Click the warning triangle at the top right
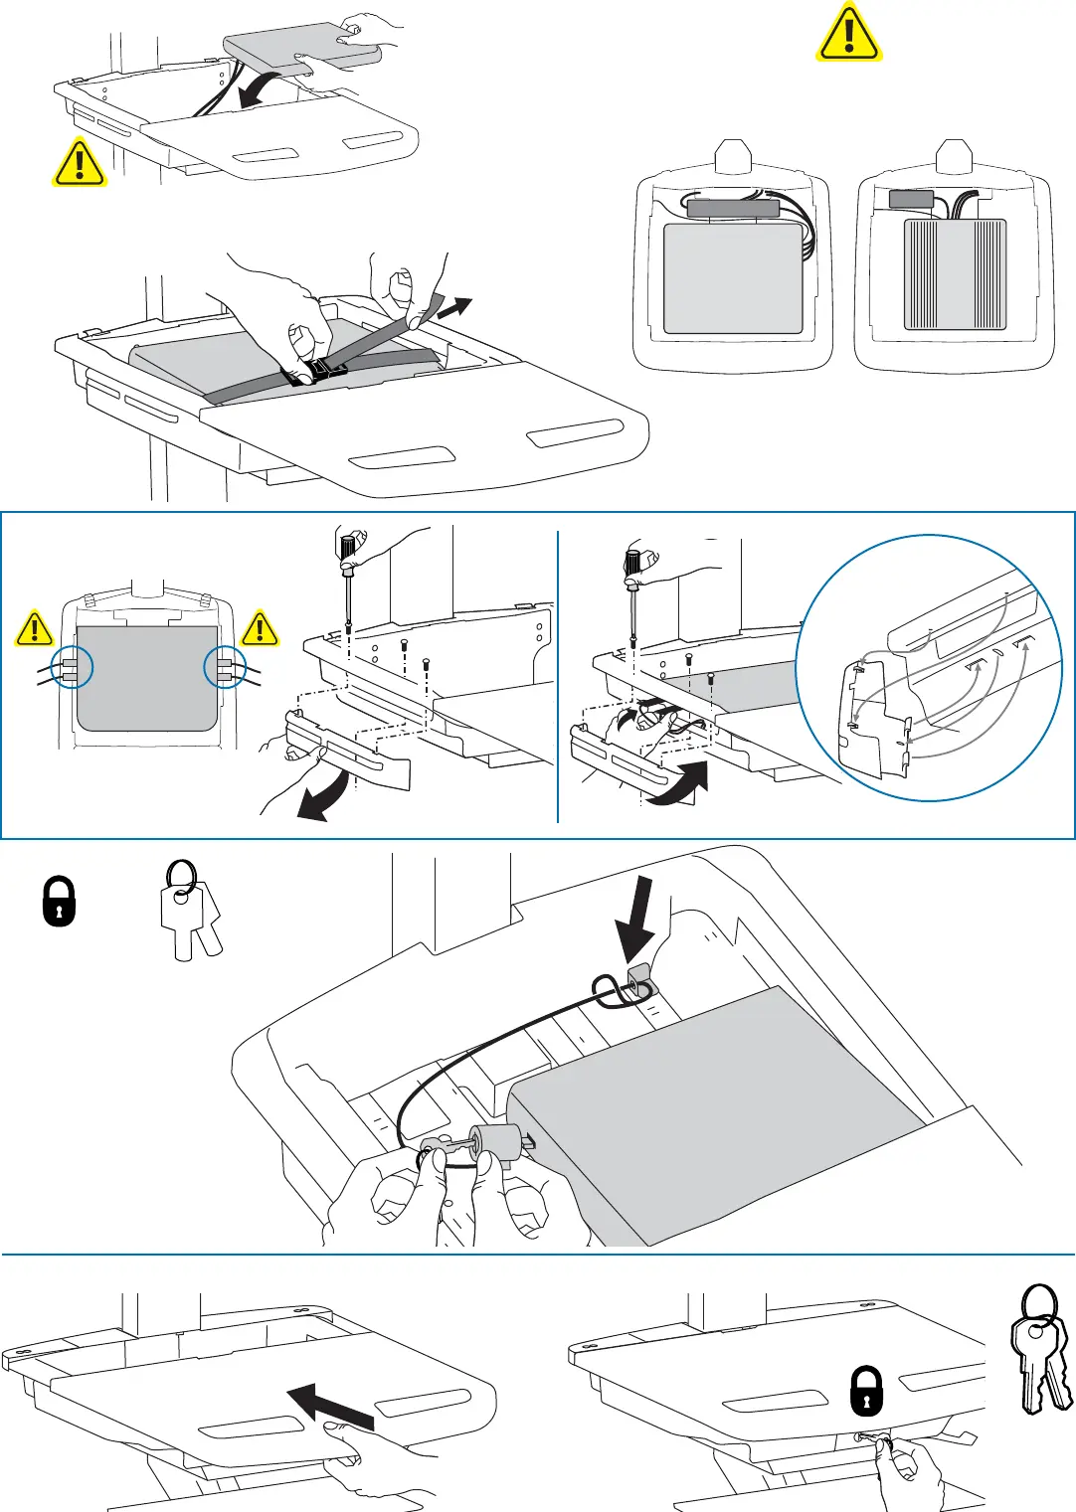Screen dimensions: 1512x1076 click(x=848, y=34)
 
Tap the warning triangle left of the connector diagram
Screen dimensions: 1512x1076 click(x=35, y=628)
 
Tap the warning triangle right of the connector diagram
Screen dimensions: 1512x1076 click(x=260, y=628)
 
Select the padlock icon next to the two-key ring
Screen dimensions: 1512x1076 click(x=60, y=901)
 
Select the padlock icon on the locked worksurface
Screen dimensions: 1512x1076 click(x=867, y=1391)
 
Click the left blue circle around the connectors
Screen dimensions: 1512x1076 click(x=72, y=668)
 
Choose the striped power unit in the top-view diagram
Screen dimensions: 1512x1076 click(x=955, y=274)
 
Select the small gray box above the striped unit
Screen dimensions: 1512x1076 click(x=911, y=199)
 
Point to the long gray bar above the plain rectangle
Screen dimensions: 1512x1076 click(x=733, y=209)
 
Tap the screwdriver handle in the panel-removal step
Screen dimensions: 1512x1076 click(x=348, y=549)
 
